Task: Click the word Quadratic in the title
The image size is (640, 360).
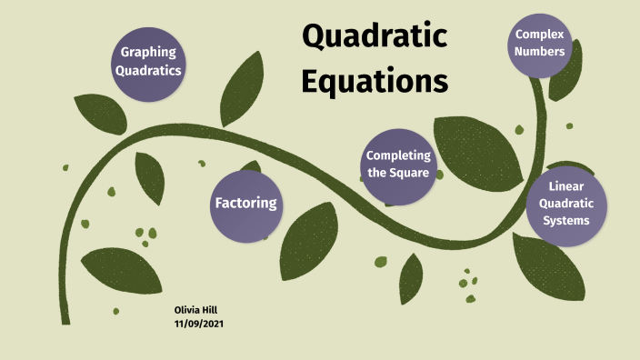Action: (375, 37)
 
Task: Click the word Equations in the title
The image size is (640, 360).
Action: (375, 81)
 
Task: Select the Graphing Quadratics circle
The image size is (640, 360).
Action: (148, 61)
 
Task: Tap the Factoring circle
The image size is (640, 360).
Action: (245, 203)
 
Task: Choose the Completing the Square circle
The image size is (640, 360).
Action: (398, 164)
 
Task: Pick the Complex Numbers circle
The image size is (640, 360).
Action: (540, 43)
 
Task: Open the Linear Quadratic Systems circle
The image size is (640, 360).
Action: (565, 205)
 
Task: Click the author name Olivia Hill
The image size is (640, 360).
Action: (195, 310)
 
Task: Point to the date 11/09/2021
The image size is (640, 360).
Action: (200, 324)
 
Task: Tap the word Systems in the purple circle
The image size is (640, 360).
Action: (565, 220)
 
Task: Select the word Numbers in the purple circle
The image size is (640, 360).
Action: (540, 51)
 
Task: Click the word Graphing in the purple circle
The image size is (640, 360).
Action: (148, 53)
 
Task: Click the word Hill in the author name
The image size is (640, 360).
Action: (209, 310)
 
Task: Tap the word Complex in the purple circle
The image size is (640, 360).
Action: (540, 35)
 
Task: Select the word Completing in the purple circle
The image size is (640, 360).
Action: (398, 155)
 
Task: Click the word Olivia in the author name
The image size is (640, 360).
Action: (186, 310)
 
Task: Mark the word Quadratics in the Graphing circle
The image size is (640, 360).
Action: (148, 70)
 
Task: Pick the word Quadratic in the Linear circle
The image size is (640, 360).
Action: (565, 204)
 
